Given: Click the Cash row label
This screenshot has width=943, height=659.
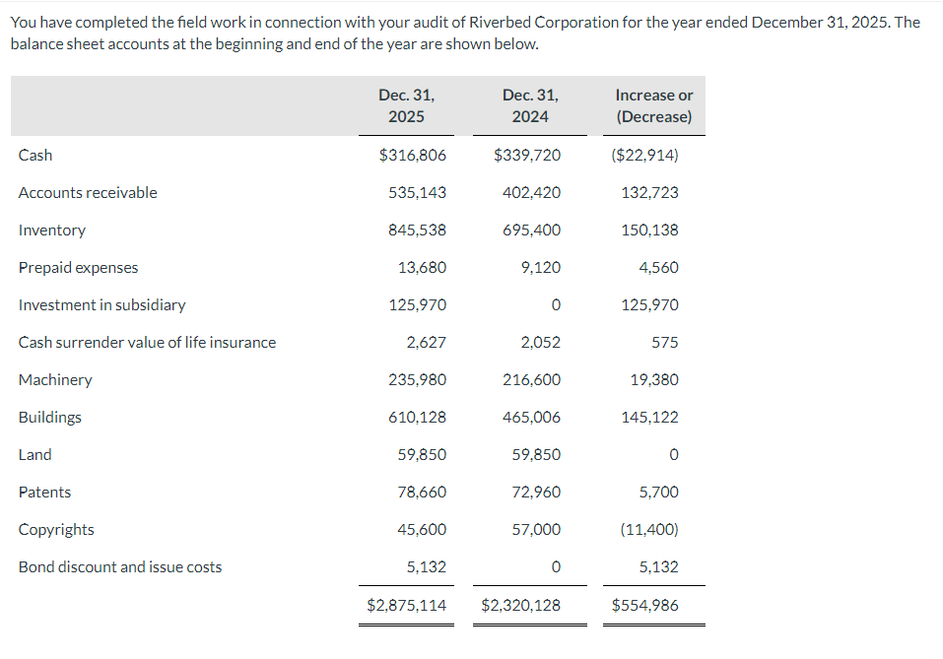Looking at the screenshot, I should [35, 155].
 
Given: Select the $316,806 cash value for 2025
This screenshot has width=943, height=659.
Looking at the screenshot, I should [413, 155].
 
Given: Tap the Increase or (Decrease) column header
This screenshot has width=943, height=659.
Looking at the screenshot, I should [653, 105].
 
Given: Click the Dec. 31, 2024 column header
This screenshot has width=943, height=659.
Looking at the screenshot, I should [530, 105].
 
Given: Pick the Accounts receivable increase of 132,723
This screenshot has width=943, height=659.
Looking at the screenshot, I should [649, 192].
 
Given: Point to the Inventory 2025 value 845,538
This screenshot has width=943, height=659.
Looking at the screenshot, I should [417, 230].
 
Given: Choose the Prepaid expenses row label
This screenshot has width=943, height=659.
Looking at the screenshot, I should [79, 267].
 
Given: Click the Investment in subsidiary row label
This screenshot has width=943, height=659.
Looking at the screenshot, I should [101, 304].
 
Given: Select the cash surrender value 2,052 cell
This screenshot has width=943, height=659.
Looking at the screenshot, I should [540, 342].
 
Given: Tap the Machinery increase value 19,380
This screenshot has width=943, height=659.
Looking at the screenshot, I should [654, 379].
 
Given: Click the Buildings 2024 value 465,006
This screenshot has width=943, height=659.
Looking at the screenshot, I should [531, 417].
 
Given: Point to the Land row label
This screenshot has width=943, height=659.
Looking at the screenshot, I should [35, 454].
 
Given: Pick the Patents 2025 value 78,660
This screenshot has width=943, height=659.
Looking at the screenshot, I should [422, 492].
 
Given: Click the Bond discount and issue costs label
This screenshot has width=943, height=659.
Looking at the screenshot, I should [120, 566].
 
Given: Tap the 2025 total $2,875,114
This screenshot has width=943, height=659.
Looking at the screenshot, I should [406, 605].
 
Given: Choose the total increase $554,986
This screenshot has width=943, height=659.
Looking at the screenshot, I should [644, 605].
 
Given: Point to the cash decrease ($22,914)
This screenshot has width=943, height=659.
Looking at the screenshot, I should [645, 155].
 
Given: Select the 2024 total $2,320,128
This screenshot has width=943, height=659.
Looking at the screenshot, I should [520, 605].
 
